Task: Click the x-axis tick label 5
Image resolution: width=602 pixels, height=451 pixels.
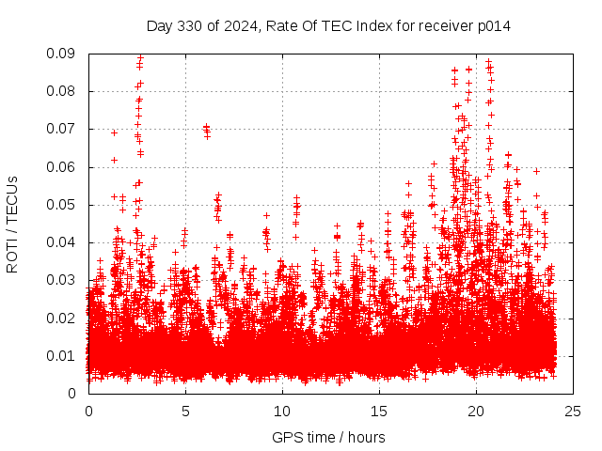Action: click(185, 411)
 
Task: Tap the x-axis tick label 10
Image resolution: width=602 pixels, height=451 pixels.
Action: click(282, 411)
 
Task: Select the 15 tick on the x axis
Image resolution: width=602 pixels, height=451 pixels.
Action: click(379, 411)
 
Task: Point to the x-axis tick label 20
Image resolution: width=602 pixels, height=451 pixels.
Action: click(476, 411)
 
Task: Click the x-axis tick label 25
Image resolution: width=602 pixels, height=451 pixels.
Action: click(573, 411)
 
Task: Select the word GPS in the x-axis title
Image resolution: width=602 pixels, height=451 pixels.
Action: click(286, 437)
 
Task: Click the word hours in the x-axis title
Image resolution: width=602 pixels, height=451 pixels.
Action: click(366, 437)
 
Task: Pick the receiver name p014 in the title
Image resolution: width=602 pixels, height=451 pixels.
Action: click(494, 26)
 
